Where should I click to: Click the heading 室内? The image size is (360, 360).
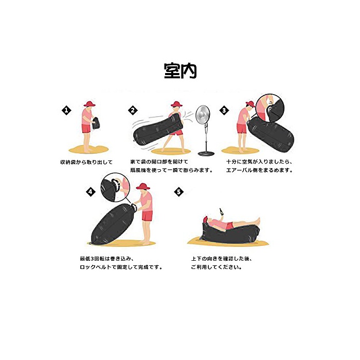[x=180, y=71]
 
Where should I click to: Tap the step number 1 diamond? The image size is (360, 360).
[x=66, y=110]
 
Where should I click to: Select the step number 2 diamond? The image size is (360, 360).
[x=133, y=110]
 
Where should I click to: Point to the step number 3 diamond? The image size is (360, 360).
[x=224, y=110]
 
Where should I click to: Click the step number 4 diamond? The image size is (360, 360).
[x=91, y=191]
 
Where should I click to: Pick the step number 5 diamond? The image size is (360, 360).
[x=179, y=191]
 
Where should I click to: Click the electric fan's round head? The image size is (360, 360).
[x=203, y=114]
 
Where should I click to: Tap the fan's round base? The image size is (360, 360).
[x=206, y=153]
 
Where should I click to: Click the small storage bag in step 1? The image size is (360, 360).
[x=96, y=123]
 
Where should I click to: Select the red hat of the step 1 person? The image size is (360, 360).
[x=89, y=104]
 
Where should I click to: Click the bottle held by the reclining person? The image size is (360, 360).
[x=222, y=211]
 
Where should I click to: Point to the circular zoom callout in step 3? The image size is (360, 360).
[x=270, y=108]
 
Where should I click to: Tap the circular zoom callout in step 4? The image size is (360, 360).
[x=115, y=187]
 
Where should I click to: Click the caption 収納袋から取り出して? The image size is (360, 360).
[x=86, y=162]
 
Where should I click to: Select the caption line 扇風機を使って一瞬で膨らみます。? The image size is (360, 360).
[x=172, y=170]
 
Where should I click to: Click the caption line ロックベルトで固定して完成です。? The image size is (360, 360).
[x=121, y=267]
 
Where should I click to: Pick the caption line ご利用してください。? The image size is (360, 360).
[x=217, y=267]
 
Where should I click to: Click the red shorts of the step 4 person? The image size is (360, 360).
[x=147, y=216]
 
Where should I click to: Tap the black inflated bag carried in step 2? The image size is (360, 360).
[x=158, y=130]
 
